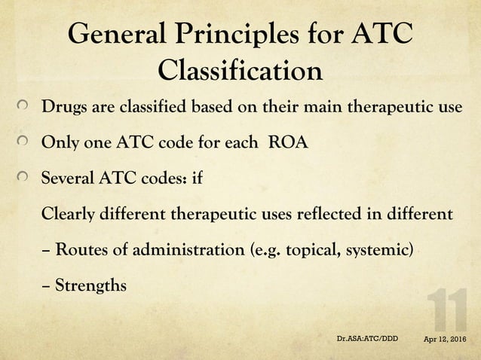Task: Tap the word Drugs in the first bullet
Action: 63,106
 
